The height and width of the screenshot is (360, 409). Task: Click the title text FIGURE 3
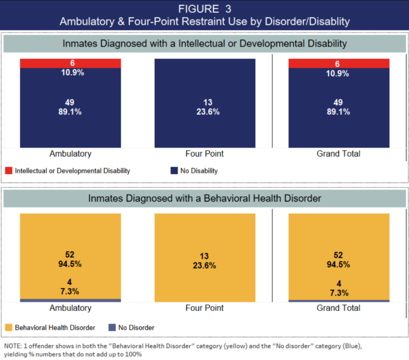point(204,9)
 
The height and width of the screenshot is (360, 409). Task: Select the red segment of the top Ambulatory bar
point(70,63)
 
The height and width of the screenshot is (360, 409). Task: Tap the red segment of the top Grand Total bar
point(339,63)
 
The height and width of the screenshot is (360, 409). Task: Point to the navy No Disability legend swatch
point(174,171)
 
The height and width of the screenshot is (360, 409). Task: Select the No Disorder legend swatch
point(113,328)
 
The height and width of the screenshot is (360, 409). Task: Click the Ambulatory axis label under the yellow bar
point(70,308)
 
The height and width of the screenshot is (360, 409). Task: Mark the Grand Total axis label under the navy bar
point(339,154)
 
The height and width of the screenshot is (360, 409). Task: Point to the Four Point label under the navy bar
point(205,154)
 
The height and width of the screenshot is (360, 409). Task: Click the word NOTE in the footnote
point(12,345)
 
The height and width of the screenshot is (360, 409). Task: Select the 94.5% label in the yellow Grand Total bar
point(339,264)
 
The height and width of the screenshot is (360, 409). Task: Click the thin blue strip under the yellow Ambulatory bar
point(70,300)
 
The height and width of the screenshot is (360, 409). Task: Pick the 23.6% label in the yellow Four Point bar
point(205,265)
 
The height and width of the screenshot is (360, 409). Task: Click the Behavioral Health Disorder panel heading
point(205,198)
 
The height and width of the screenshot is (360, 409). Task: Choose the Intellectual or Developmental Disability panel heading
point(205,43)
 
